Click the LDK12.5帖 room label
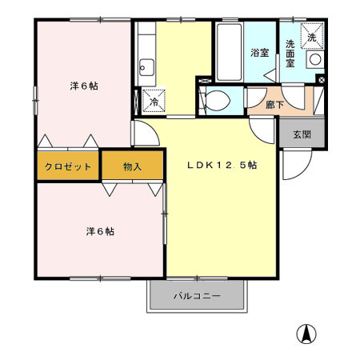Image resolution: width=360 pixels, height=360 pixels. click(222, 166)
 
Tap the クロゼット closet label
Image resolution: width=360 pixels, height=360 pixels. click(67, 166)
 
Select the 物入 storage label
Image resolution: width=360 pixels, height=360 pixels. click(133, 166)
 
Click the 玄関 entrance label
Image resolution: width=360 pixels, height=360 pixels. click(302, 134)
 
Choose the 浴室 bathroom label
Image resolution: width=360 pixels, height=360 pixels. click(258, 53)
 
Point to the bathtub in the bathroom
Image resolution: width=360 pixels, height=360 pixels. click(228, 52)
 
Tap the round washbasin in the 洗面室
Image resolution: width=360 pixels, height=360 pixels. click(315, 59)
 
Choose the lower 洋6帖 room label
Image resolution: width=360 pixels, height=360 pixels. click(99, 231)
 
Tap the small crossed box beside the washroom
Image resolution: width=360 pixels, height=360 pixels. click(321, 79)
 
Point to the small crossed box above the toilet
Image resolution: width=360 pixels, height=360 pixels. click(201, 80)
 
